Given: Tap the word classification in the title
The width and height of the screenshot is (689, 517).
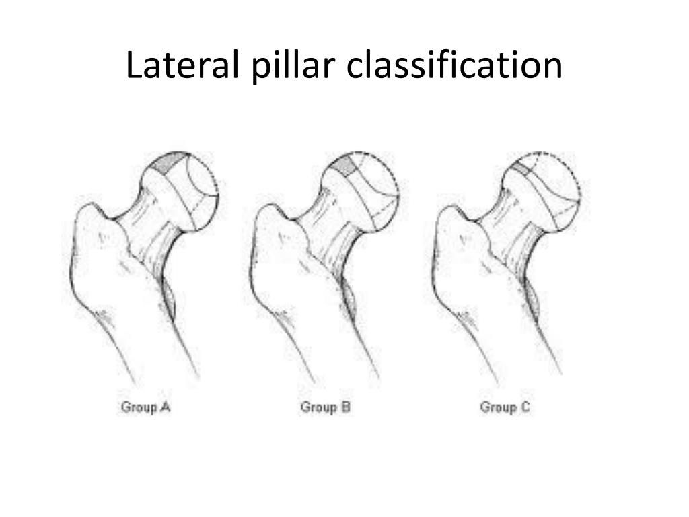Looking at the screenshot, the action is point(456,66).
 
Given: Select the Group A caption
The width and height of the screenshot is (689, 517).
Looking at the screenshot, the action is point(145,407).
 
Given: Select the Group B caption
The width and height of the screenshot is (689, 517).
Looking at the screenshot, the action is point(326,407).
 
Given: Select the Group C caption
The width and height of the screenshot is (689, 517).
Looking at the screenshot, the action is point(505,407).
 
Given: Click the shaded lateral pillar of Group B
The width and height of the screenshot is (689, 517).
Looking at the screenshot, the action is point(345,164).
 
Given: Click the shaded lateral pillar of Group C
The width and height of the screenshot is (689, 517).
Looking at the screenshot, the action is point(521,166).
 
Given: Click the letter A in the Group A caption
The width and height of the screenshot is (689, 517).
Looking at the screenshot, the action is point(165,407).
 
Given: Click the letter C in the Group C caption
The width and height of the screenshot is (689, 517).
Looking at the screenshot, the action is point(524,407).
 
